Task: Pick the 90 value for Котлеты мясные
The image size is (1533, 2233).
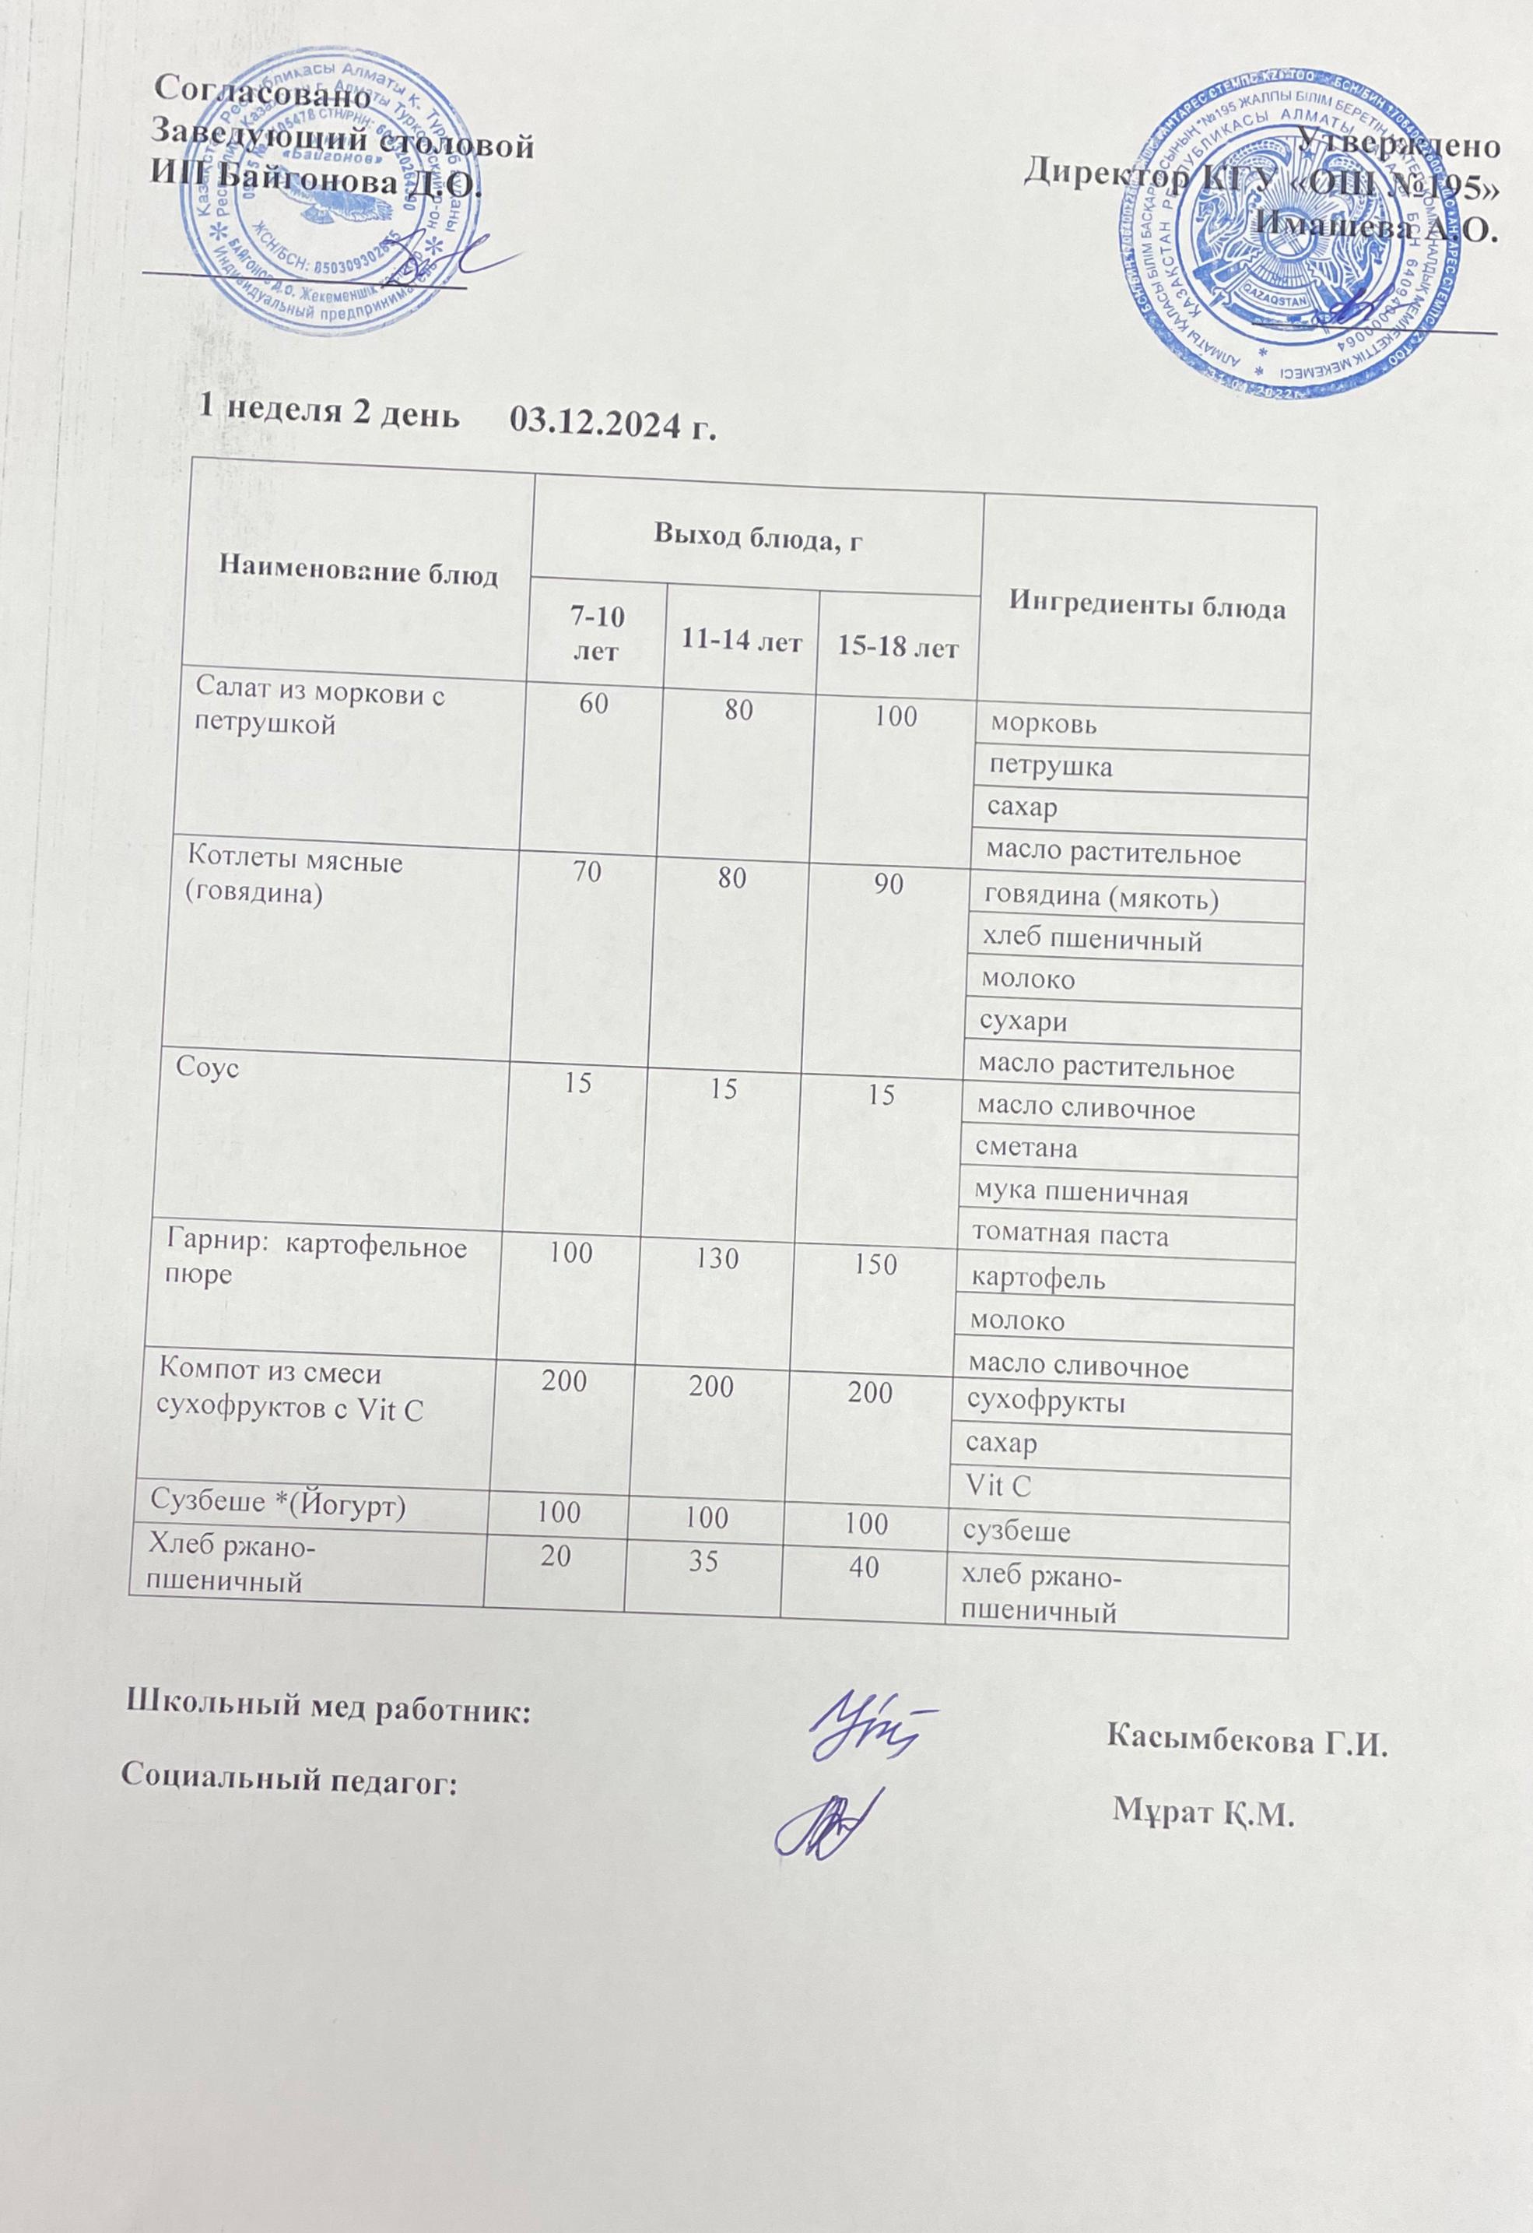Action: [x=889, y=884]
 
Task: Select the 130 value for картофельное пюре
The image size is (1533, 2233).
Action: [x=713, y=1257]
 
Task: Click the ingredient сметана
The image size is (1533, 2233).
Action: [x=1026, y=1148]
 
